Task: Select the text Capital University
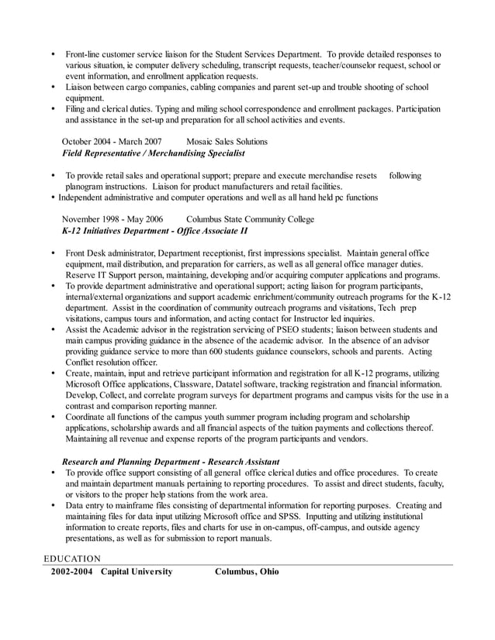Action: pos(137,572)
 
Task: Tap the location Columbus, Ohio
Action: pos(247,572)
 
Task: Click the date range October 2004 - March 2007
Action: pos(112,142)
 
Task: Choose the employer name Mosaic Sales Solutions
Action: pos(227,142)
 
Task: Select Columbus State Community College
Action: pos(250,219)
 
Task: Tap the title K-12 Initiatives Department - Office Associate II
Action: pos(154,231)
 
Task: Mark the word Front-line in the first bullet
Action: pos(85,55)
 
